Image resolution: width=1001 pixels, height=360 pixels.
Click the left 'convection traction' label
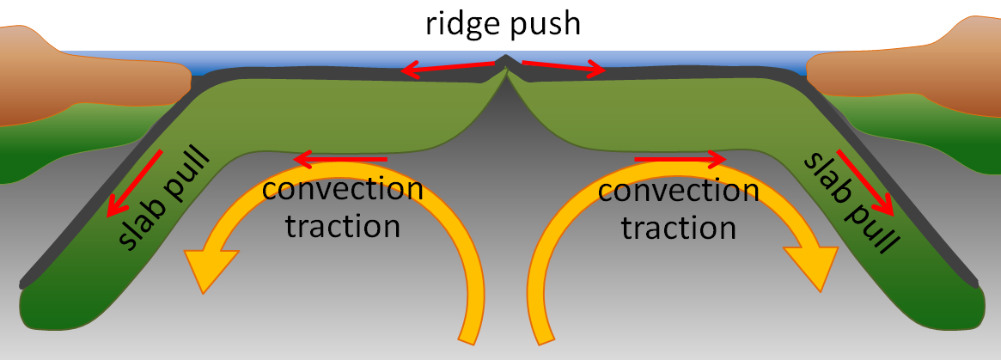click(x=343, y=207)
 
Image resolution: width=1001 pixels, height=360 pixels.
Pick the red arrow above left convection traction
click(x=339, y=159)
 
